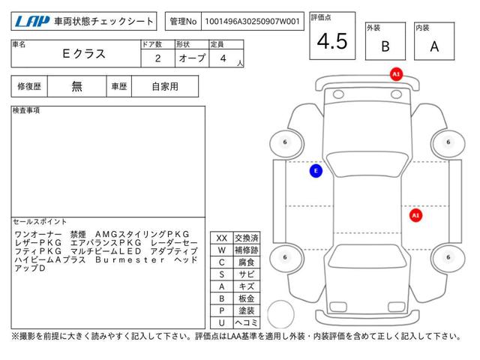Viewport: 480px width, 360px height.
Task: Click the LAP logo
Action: (32, 22)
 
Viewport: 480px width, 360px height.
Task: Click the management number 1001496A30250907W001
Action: (252, 22)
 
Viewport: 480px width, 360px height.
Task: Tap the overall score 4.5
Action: (332, 41)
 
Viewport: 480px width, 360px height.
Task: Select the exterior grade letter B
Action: (385, 46)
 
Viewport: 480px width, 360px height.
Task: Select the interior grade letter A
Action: (434, 46)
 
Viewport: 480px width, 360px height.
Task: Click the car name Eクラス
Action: (84, 54)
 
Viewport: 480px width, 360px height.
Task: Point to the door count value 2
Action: (157, 58)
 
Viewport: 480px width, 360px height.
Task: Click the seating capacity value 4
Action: (223, 58)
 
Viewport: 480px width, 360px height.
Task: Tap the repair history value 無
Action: (76, 87)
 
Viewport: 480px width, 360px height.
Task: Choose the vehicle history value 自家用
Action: (165, 87)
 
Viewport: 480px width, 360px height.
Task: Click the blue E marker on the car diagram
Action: (316, 171)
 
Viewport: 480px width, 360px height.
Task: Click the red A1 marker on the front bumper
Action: (396, 74)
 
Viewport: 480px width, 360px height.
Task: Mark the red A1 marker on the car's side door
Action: (415, 215)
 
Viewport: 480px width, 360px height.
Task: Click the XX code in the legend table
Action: (222, 238)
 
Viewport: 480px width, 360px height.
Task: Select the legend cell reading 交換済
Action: (247, 238)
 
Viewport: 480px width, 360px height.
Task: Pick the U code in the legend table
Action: (222, 322)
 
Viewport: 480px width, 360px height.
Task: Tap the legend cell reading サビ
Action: (247, 274)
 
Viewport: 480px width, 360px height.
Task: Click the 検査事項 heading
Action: (26, 110)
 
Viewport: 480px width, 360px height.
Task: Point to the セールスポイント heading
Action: (40, 222)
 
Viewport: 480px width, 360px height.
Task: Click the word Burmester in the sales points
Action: (130, 260)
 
